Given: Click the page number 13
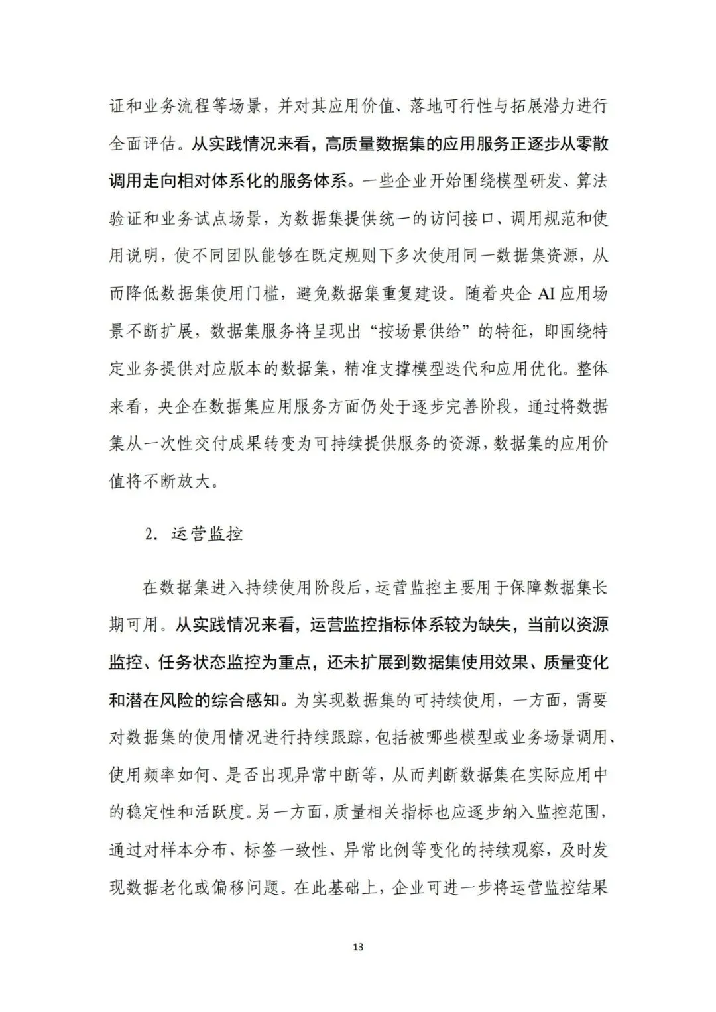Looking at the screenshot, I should (358, 947).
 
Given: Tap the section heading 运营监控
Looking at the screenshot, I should (206, 534).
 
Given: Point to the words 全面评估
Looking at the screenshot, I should (144, 144).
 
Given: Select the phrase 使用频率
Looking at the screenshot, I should (144, 775).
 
